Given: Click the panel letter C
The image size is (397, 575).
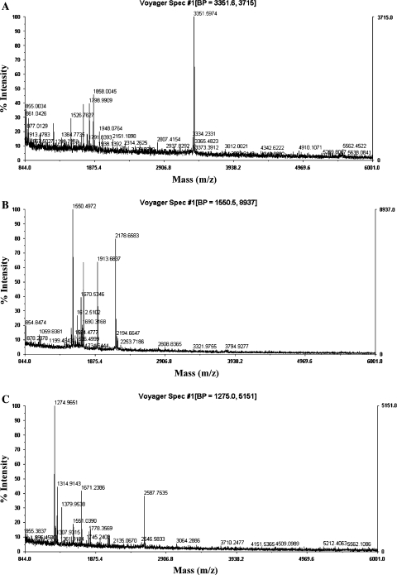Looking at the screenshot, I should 6,392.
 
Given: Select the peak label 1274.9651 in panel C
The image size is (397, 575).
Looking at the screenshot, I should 71,402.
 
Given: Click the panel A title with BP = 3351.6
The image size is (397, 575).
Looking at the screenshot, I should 198,4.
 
